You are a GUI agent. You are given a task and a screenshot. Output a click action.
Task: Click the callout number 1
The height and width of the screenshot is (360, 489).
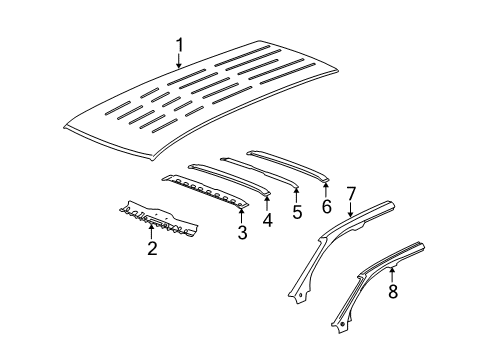(x=179, y=44)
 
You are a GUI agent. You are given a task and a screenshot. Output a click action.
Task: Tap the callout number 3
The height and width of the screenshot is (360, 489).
(x=241, y=234)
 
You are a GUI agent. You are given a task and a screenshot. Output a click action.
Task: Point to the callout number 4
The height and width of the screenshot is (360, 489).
(x=267, y=219)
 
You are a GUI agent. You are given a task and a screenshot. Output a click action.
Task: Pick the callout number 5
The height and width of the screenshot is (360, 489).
(x=297, y=212)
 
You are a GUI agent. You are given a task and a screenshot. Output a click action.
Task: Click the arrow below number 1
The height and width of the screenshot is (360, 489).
(x=179, y=62)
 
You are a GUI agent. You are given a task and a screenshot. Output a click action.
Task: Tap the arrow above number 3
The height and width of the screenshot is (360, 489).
(x=241, y=215)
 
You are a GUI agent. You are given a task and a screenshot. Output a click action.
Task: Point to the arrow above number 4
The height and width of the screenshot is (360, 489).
(x=267, y=201)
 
